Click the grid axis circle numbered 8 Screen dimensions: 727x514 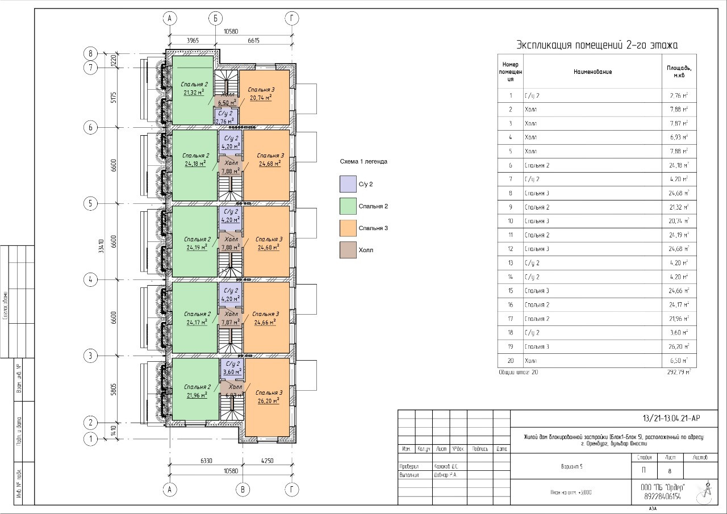coord(90,53)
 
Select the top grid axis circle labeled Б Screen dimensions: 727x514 coord(215,18)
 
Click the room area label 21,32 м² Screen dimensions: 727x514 coord(194,91)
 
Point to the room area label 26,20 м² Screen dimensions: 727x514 coord(267,400)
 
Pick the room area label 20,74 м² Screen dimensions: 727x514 coord(261,98)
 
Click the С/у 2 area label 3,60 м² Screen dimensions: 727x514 coord(232,371)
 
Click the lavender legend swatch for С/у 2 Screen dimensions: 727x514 coord(348,184)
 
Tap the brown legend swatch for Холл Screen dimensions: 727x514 coord(348,250)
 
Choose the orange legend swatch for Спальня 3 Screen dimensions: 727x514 coord(348,228)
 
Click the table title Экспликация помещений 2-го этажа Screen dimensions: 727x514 coord(596,45)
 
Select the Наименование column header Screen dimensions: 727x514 coord(592,72)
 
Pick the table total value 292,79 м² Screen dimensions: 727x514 coord(678,373)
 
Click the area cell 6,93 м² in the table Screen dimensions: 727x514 coord(679,137)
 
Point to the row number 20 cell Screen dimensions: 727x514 coord(511,361)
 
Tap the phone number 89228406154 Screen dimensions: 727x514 coord(663,496)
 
